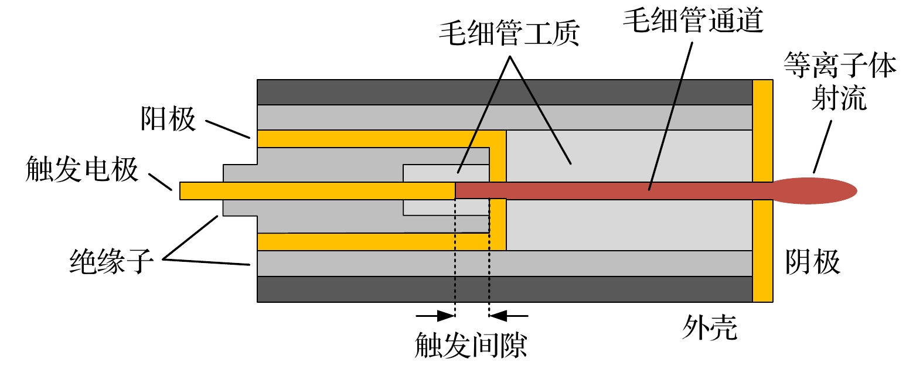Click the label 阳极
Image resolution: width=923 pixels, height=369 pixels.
(x=168, y=119)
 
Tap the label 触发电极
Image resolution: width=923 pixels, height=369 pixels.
(x=82, y=170)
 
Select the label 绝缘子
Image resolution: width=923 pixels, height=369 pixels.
(x=111, y=261)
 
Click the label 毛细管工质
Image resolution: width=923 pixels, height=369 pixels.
(x=509, y=33)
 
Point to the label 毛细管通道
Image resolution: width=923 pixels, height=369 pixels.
(x=693, y=20)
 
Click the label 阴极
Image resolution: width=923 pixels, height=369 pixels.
(x=812, y=262)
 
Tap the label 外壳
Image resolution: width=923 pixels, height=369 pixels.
(x=709, y=327)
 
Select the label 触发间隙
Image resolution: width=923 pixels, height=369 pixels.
(x=471, y=346)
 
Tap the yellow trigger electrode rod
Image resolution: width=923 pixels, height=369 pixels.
(x=316, y=191)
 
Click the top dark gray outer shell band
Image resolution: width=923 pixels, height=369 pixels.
(x=504, y=93)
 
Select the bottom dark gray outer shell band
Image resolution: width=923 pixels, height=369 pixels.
(x=504, y=289)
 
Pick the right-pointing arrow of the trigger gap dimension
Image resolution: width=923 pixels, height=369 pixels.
(x=436, y=316)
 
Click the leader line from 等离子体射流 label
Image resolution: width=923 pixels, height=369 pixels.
(x=822, y=146)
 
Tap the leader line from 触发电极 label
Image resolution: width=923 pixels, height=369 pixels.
(x=160, y=182)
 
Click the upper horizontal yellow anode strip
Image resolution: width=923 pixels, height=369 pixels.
(x=375, y=139)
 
